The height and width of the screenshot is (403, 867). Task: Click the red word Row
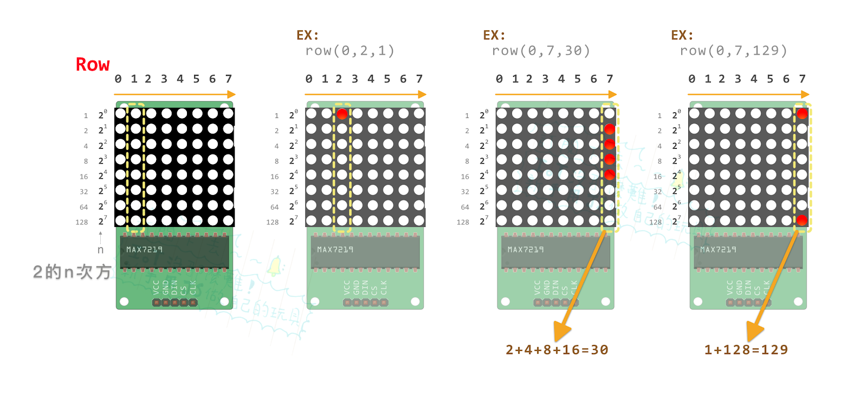93,64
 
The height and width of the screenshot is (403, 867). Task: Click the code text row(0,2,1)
350,51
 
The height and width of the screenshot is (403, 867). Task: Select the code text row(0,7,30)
540,51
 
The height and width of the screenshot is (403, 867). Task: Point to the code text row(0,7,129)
733,51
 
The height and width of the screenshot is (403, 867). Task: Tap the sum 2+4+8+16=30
557,350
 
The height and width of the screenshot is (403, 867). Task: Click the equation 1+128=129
746,350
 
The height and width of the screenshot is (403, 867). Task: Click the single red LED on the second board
342,114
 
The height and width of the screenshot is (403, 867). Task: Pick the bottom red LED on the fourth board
802,220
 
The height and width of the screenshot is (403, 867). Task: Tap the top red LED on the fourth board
802,114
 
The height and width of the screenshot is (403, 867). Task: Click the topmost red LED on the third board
610,129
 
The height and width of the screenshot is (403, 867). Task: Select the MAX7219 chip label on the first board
144,250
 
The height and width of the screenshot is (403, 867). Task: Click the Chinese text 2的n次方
72,272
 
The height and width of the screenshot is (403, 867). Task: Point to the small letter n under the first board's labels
100,250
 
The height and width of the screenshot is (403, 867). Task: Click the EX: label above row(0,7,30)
494,36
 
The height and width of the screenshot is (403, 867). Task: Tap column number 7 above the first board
229,79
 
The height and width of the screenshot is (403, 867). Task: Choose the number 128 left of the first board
82,222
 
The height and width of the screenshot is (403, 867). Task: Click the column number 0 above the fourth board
692,79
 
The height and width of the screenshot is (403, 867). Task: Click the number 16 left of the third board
465,177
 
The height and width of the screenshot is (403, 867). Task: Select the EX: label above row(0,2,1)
307,36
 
